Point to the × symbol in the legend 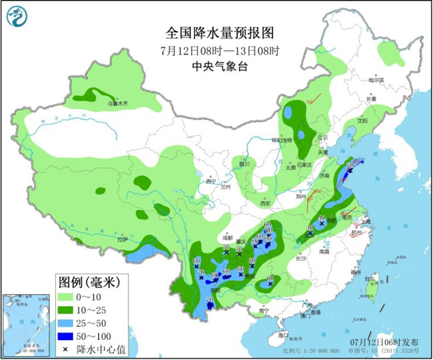click(65, 349)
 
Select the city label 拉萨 click(121, 239)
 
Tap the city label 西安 click(266, 203)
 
